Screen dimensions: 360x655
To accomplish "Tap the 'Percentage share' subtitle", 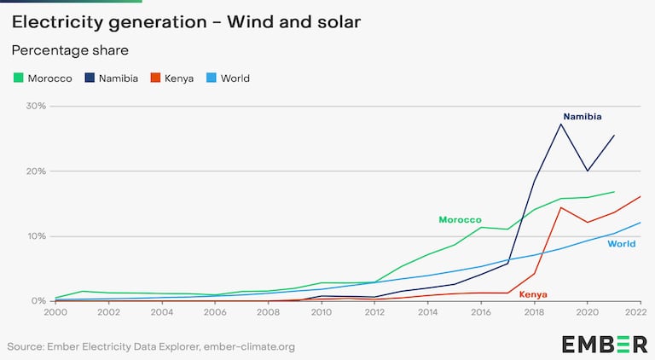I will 69,50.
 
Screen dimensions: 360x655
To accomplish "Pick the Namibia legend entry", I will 110,78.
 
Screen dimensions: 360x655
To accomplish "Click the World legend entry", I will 228,78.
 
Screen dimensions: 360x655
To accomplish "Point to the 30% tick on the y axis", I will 35,107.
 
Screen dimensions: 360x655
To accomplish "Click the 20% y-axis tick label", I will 35,171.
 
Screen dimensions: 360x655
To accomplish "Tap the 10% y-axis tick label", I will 35,236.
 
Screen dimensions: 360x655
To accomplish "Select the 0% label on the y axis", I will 38,301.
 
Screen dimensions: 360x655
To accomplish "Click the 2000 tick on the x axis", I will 55,314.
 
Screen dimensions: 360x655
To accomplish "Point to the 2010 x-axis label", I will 322,314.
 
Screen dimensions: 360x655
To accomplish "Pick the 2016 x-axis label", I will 481,314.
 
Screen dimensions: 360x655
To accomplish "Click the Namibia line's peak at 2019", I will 560,125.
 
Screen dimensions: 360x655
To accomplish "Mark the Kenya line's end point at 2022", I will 640,197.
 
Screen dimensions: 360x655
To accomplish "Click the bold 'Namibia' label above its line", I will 583,116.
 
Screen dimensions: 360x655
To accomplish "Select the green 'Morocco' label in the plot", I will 461,219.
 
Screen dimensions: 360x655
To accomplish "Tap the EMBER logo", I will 605,344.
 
